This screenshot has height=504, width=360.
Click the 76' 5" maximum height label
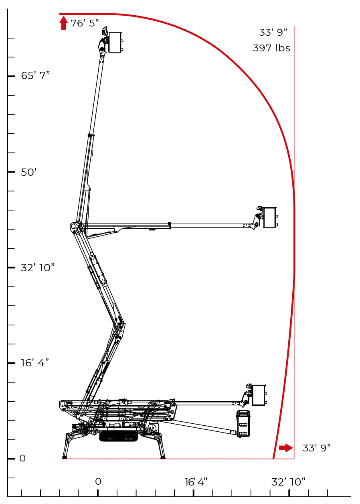coord(85,23)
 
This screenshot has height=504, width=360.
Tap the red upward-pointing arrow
coord(64,23)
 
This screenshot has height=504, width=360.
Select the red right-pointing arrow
coord(286,448)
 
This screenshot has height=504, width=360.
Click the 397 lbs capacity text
coord(271,48)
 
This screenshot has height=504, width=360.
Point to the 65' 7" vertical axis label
coord(35,75)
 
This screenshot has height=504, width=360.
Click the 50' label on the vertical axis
coord(28,173)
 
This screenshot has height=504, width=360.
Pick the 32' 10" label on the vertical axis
coord(38,268)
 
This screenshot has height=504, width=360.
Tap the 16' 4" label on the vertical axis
coord(35,363)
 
